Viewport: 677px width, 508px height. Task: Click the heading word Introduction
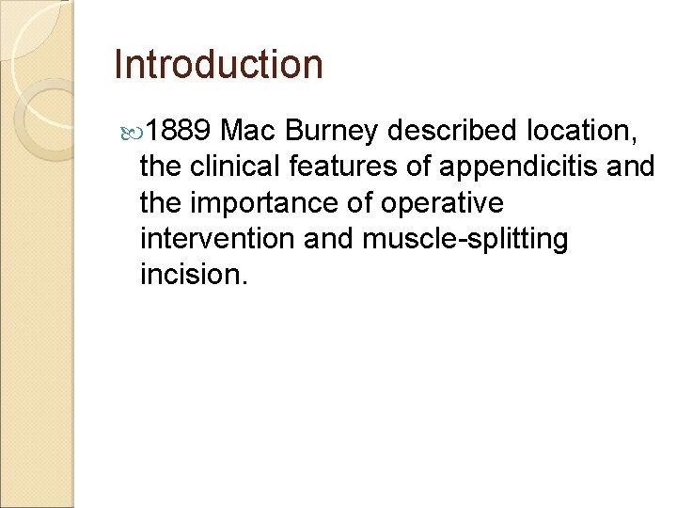coord(217,65)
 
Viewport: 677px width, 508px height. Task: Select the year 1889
coord(181,131)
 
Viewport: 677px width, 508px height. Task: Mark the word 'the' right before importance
coord(164,203)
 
